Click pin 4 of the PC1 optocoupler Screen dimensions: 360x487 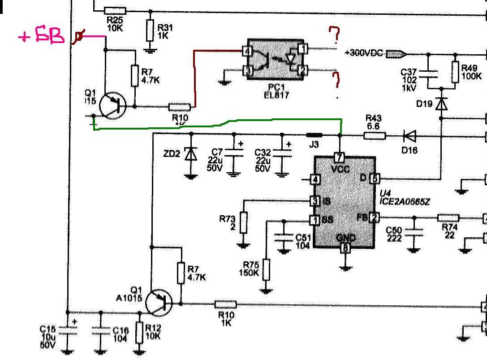pyautogui.click(x=246, y=51)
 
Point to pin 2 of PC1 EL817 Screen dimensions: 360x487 pyautogui.click(x=303, y=69)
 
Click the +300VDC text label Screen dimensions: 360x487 pyautogui.click(x=364, y=53)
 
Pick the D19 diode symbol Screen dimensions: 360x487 pyautogui.click(x=442, y=104)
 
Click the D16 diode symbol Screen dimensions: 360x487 pyautogui.click(x=409, y=135)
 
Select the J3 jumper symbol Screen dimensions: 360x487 pyautogui.click(x=314, y=134)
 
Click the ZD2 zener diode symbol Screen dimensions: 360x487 pyautogui.click(x=191, y=154)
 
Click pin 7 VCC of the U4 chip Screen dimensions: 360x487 pyautogui.click(x=340, y=158)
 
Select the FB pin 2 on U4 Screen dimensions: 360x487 pyautogui.click(x=374, y=218)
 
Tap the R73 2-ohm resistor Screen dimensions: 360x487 pyautogui.click(x=243, y=222)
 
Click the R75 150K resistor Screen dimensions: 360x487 pyautogui.click(x=267, y=269)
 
